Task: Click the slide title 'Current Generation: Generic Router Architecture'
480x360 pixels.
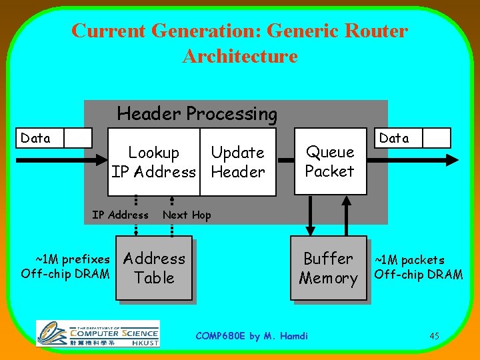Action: pyautogui.click(x=239, y=43)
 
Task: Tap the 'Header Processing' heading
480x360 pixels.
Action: pyautogui.click(x=197, y=114)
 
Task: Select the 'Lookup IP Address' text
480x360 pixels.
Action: pyautogui.click(x=154, y=162)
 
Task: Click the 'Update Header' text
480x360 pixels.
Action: pyautogui.click(x=238, y=162)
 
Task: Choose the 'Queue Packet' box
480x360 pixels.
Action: pyautogui.click(x=329, y=161)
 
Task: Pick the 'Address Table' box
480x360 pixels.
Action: pyautogui.click(x=154, y=268)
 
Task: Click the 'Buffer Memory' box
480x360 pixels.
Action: pyautogui.click(x=328, y=268)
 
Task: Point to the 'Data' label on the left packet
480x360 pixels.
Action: pyautogui.click(x=36, y=138)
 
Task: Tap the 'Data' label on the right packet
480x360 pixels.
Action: pyautogui.click(x=394, y=138)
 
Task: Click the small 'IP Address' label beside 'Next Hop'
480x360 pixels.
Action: pyautogui.click(x=120, y=215)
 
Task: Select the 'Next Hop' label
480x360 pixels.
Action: pyautogui.click(x=187, y=215)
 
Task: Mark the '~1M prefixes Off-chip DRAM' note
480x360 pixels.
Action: pyautogui.click(x=65, y=265)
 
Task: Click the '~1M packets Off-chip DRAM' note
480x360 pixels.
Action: pyautogui.click(x=418, y=267)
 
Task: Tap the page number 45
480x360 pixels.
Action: pyautogui.click(x=434, y=336)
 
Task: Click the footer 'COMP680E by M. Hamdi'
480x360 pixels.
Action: pyautogui.click(x=251, y=336)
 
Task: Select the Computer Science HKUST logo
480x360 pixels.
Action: pyautogui.click(x=97, y=333)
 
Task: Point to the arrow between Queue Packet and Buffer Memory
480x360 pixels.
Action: pyautogui.click(x=309, y=215)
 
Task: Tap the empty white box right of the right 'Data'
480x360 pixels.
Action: pyautogui.click(x=437, y=137)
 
